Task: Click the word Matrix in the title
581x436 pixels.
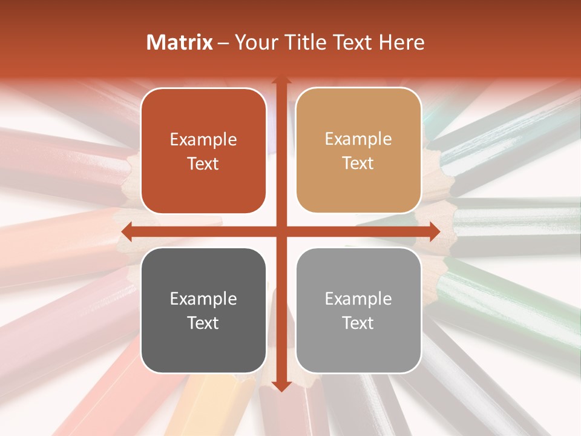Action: point(180,42)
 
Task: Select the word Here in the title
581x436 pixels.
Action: point(402,42)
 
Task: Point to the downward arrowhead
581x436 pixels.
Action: point(281,386)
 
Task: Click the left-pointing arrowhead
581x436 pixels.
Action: point(126,231)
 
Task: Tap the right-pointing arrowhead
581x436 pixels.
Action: point(435,231)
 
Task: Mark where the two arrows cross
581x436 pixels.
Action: point(281,231)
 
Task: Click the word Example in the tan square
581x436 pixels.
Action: point(358,139)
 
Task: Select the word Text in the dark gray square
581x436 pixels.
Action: point(203,323)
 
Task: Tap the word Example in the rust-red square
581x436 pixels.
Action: point(203,140)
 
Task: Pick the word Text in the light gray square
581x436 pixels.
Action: point(358,323)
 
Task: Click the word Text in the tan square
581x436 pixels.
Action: point(358,163)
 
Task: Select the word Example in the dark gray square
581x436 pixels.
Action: point(203,299)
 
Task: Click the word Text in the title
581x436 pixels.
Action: point(351,42)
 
